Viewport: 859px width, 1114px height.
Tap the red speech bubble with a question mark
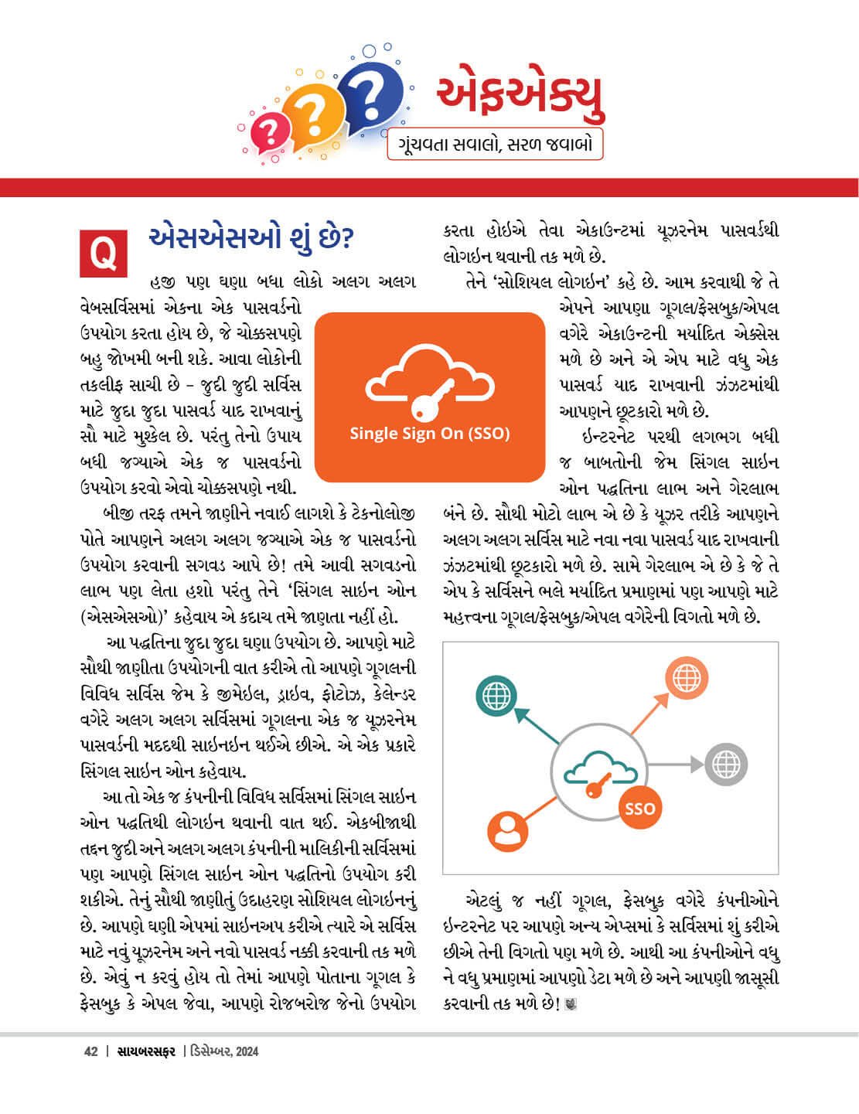click(270, 134)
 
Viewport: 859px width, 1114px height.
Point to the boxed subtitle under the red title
click(495, 145)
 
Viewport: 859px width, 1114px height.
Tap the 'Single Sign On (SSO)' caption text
click(430, 434)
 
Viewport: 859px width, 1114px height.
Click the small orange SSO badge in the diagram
click(639, 809)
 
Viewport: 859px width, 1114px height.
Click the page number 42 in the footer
click(90, 1051)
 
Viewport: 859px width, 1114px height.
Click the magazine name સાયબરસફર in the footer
click(146, 1051)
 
